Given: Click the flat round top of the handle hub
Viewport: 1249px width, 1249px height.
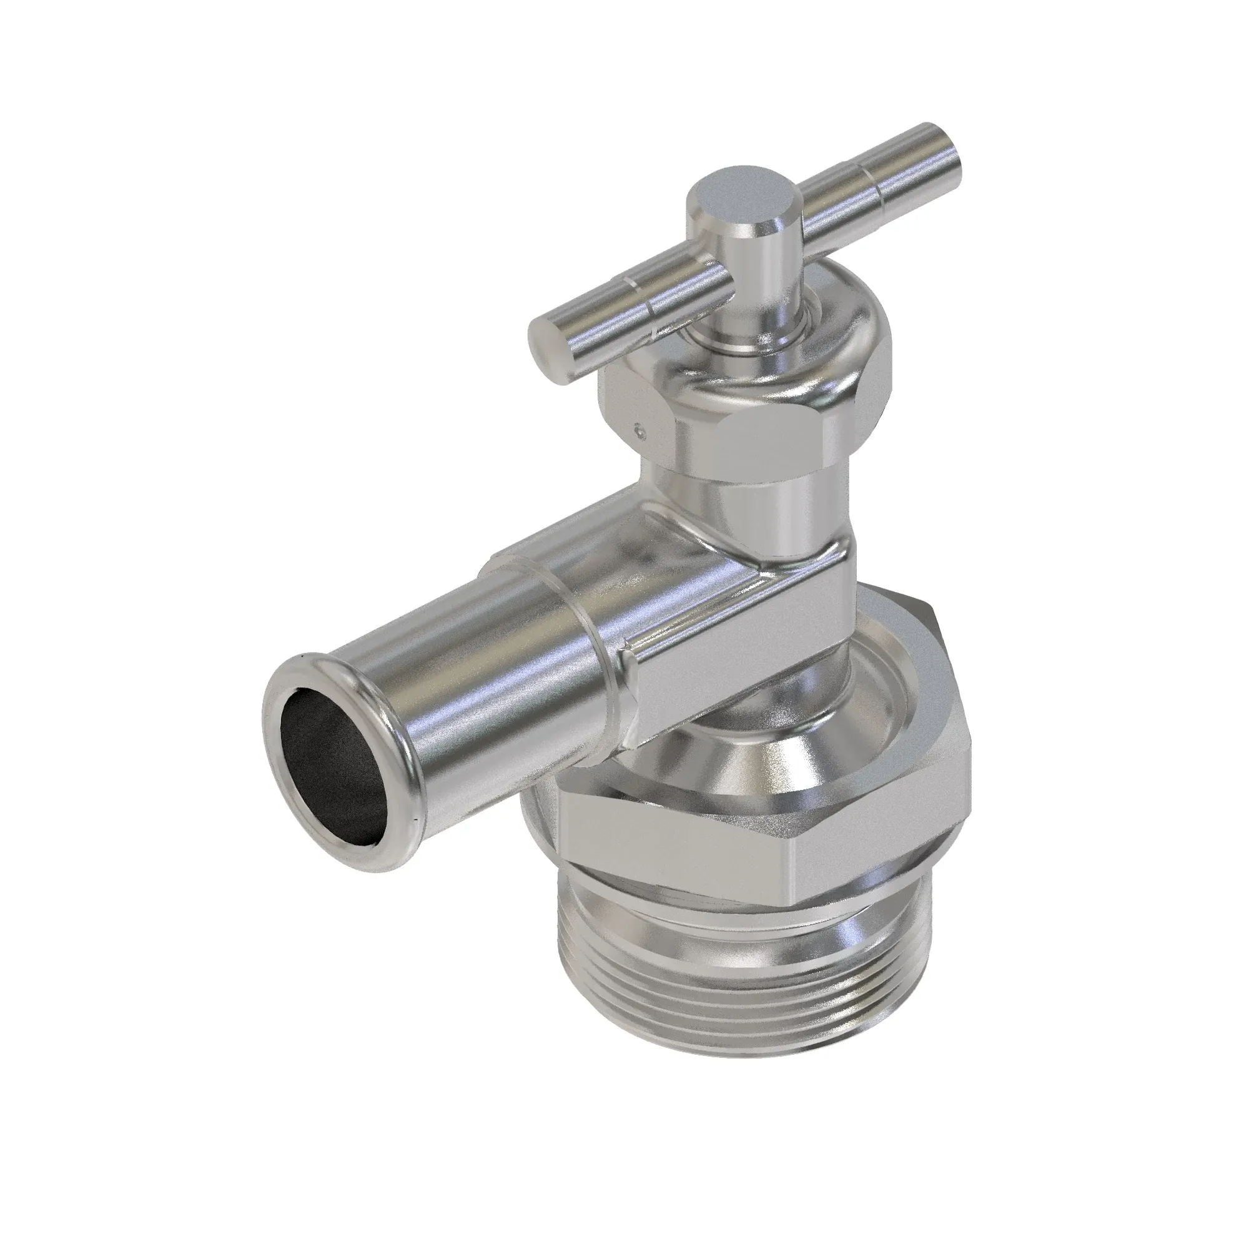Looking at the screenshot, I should (743, 198).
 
